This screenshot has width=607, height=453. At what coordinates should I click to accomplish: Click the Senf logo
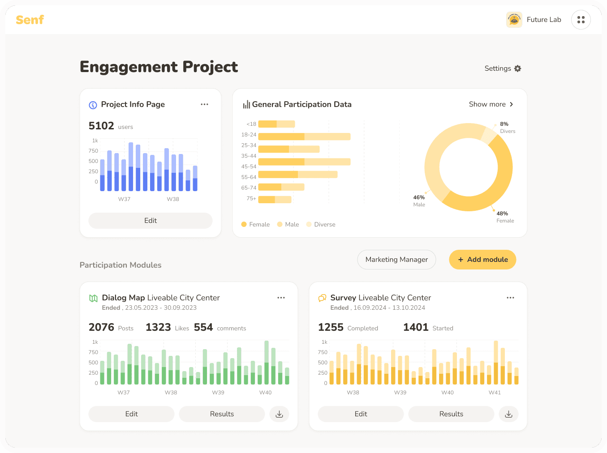(30, 20)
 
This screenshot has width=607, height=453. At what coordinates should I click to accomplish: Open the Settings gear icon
(518, 68)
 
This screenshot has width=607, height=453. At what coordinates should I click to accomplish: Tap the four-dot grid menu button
(581, 20)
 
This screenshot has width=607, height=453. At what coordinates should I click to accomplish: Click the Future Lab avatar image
(514, 20)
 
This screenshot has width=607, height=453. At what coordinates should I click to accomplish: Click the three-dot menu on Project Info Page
(204, 104)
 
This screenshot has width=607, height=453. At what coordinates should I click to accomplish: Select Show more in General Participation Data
(491, 104)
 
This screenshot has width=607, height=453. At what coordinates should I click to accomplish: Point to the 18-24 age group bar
(304, 137)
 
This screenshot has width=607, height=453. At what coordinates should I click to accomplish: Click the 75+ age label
(251, 198)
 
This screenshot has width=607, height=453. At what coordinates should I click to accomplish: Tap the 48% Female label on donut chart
(504, 217)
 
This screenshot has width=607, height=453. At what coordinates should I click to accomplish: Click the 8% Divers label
(507, 127)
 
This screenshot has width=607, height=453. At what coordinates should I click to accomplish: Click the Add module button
(482, 260)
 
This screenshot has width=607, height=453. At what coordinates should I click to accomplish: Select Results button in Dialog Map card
(222, 414)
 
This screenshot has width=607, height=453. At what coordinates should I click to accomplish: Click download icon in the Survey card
(508, 414)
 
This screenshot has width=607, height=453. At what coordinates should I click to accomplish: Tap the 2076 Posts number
(102, 327)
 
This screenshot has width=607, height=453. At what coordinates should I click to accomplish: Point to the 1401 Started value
(416, 327)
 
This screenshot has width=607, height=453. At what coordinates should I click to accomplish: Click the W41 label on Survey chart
(495, 393)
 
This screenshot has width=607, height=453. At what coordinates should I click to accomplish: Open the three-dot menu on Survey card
(510, 298)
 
